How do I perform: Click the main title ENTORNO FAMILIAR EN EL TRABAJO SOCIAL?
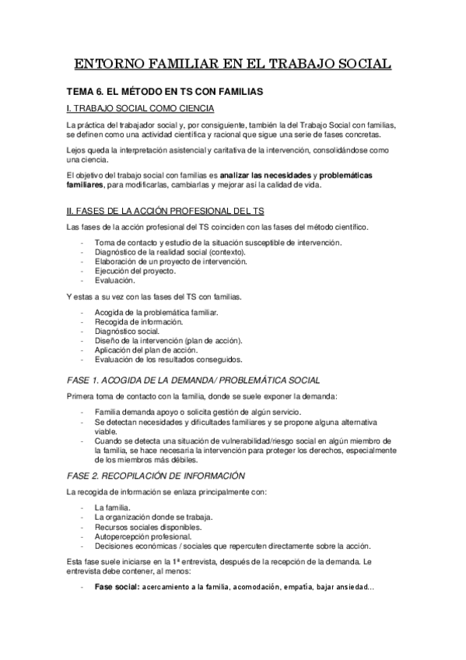click(x=233, y=64)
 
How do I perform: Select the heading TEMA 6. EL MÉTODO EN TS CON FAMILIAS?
click(x=164, y=92)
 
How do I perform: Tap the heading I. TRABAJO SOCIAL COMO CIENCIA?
click(x=142, y=108)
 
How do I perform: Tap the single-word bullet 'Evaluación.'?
click(x=114, y=280)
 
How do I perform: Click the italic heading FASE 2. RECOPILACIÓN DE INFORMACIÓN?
click(x=156, y=475)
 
